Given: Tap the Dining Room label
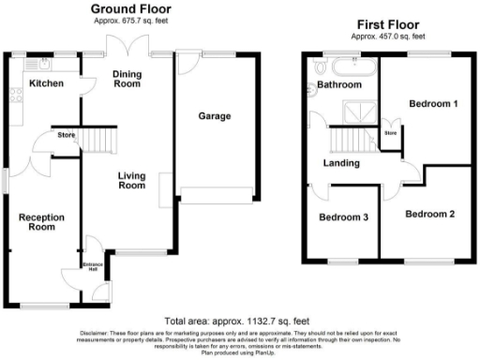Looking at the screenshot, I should point(127,78).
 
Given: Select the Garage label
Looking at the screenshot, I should point(214,116).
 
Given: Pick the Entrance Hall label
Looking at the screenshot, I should point(93,268).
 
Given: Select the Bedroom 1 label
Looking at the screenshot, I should point(432,104).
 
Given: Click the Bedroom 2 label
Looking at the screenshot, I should point(430,214).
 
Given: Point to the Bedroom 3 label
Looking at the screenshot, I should point(343,217).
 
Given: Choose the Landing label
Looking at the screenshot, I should point(341,164).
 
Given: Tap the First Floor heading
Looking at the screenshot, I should point(387,22).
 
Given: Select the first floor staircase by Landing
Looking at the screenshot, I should point(346,141).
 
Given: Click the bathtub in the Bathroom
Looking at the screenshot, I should point(353,68).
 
